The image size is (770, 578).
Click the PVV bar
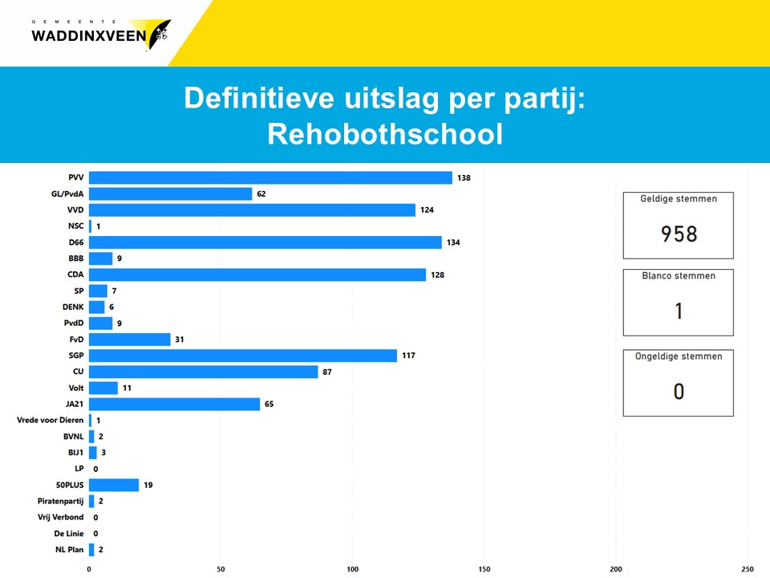[x=270, y=177]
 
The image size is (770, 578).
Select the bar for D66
[x=265, y=242]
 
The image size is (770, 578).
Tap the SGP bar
[x=242, y=356]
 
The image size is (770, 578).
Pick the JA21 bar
[x=174, y=404]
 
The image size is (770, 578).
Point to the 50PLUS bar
[x=113, y=485]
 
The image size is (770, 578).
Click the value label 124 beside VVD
[x=428, y=210]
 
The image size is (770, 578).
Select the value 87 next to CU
[x=326, y=372]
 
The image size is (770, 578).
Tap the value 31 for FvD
[x=180, y=340]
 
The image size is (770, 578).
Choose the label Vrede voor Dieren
[x=50, y=420]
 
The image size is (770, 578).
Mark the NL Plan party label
[x=68, y=549]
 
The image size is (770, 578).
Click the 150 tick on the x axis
[x=484, y=568]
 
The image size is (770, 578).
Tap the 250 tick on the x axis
[x=748, y=568]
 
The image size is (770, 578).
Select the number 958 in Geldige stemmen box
[x=679, y=234]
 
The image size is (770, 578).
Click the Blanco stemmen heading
[x=679, y=275]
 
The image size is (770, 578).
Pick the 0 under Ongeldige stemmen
[x=679, y=392]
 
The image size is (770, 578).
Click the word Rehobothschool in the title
[x=385, y=134]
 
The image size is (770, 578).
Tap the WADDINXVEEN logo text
[x=88, y=35]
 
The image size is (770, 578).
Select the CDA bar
[x=257, y=275]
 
